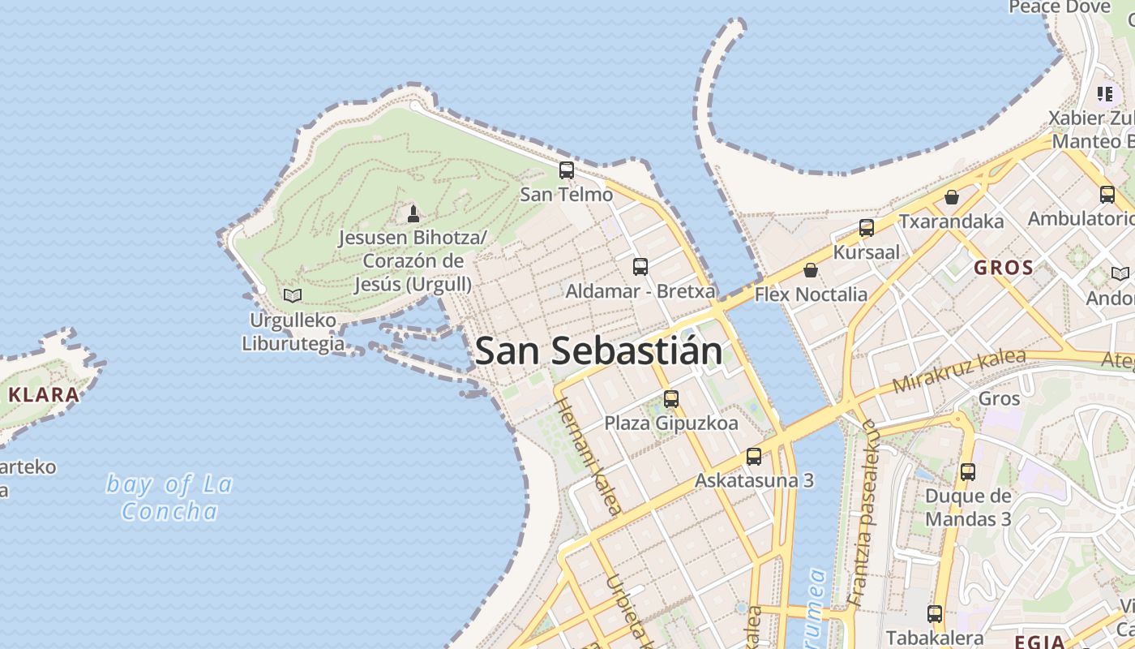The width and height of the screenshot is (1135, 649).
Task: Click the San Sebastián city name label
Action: point(598,351)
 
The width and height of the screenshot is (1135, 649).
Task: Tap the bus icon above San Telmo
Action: point(567,170)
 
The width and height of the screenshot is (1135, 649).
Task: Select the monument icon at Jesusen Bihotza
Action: point(413,214)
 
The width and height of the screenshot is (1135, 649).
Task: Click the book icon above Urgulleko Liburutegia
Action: point(293,296)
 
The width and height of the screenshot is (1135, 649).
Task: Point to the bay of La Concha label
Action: point(169,497)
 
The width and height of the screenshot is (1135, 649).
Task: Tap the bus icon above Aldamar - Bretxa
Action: point(640,266)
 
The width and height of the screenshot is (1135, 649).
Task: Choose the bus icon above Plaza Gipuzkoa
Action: point(671,399)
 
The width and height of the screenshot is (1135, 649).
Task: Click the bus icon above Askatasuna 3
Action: point(754,457)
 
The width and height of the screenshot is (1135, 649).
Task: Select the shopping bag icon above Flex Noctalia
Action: point(811,270)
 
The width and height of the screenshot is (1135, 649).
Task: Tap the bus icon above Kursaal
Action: point(867,228)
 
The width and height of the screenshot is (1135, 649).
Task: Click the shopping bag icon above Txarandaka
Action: point(952,197)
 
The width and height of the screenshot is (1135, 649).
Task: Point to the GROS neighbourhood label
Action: point(1004,268)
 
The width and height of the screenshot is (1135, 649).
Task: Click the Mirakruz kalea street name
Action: point(959,371)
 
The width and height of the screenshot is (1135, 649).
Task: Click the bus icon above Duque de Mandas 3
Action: point(968,472)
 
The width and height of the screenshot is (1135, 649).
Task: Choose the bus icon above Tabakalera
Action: point(935,614)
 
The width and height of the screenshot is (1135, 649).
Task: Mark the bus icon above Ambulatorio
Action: point(1107,195)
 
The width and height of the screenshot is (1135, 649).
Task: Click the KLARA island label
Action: point(44,395)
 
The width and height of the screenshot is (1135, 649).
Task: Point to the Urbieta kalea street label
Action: point(623,612)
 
